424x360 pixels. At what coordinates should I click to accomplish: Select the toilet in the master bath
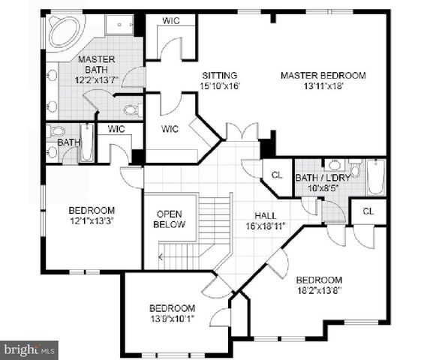tap(130, 109)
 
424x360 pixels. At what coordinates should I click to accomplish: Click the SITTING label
tap(219, 75)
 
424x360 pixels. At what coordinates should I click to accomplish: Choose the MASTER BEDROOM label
tap(323, 75)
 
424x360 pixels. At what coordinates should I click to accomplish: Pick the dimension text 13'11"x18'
tap(323, 86)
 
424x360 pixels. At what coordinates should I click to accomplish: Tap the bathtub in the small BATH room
tap(87, 142)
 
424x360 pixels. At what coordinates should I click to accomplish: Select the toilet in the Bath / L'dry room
tap(355, 168)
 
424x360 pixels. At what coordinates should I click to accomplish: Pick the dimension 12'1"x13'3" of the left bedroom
tap(92, 221)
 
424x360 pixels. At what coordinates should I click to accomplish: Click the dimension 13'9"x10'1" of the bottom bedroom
tap(172, 319)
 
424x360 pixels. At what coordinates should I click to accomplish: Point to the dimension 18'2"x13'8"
tap(318, 290)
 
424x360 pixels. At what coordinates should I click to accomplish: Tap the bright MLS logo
tap(30, 349)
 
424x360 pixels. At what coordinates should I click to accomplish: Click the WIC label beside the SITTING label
tap(170, 128)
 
